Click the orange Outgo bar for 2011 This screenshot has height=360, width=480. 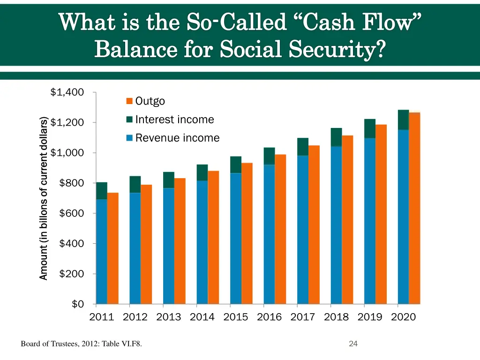tap(113, 248)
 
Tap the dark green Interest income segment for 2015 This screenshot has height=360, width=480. tap(236, 165)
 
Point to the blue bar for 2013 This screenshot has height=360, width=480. tap(169, 246)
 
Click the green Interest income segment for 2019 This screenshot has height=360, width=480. tap(370, 128)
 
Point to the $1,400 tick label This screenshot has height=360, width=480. tap(67, 92)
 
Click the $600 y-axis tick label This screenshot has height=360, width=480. tap(72, 213)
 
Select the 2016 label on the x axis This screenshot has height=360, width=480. tap(269, 317)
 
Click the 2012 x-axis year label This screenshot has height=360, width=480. tap(135, 317)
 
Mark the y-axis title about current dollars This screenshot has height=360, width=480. tap(44, 198)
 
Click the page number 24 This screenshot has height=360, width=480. tap(353, 344)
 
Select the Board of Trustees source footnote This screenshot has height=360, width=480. tap(82, 345)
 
